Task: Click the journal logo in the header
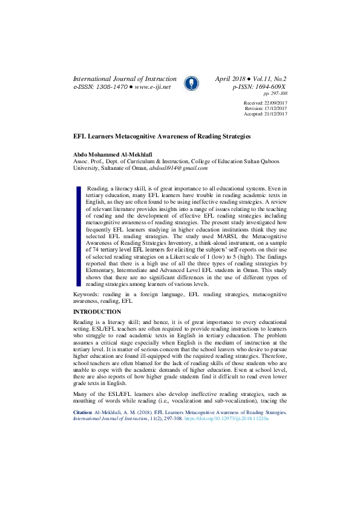(190, 83)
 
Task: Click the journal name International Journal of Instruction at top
(125, 79)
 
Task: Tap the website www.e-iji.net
(153, 87)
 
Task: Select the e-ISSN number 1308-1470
(111, 87)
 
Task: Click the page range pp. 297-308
(275, 94)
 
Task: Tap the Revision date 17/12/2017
(274, 109)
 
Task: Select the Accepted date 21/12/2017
(274, 114)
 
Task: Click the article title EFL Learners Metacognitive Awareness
(162, 137)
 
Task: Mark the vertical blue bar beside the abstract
(78, 236)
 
